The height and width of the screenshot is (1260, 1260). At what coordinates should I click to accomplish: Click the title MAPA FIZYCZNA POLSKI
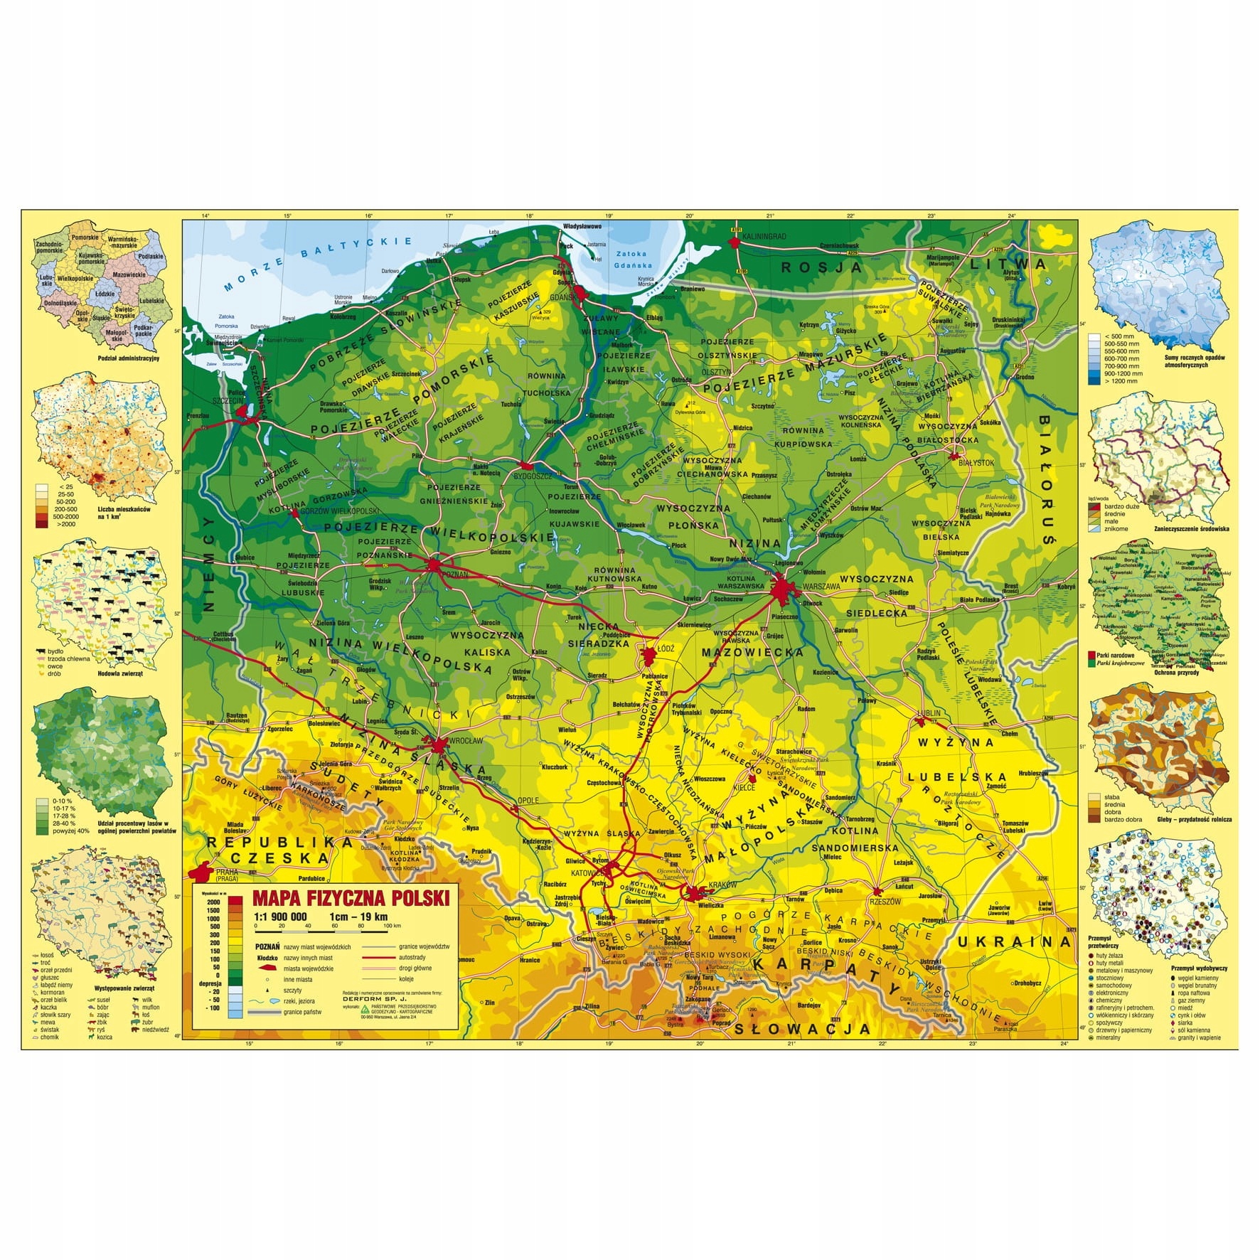346,898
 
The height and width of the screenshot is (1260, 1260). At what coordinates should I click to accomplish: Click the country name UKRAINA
1013,941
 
